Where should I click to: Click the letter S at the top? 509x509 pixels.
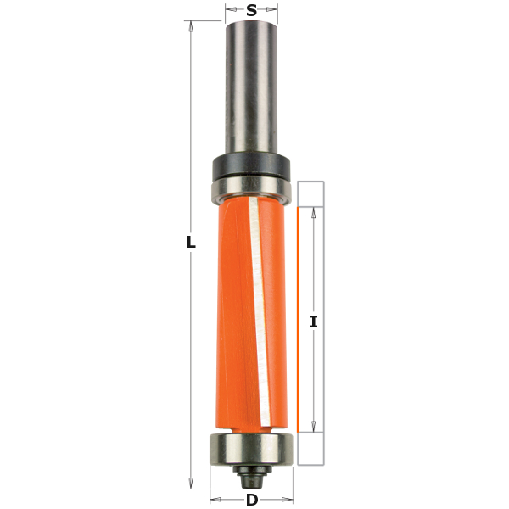252,11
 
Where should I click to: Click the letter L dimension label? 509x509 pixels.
191,243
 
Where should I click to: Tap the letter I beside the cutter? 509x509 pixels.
314,322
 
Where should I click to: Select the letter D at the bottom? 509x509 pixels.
252,499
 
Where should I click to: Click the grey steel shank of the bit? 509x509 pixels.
251,85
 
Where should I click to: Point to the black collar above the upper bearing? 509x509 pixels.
251,163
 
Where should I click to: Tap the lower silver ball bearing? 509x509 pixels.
252,447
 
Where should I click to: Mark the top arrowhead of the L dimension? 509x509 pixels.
191,26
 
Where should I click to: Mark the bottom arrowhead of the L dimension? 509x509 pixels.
191,484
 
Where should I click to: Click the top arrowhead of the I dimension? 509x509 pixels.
314,213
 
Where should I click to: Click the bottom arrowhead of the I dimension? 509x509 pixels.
314,427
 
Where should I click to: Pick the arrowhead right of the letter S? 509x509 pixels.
273,12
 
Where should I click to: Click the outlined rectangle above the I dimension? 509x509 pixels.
311,194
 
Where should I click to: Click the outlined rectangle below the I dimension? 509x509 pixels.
311,449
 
